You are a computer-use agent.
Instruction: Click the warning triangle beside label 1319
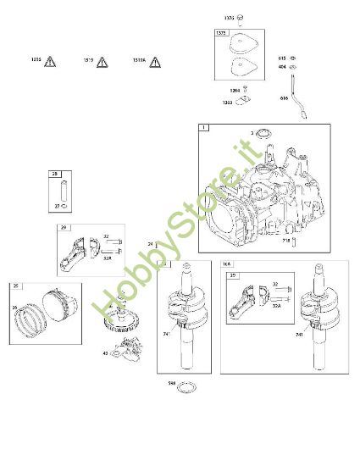(102, 62)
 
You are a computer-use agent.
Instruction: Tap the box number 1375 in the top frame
(221, 33)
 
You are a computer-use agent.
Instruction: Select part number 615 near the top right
(281, 58)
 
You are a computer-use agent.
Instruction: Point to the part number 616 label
(283, 98)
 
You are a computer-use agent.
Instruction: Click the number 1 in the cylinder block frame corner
(203, 128)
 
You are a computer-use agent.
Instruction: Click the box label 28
(55, 175)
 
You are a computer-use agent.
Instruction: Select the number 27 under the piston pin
(57, 205)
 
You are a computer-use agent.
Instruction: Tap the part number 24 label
(150, 245)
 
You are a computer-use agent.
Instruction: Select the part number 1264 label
(234, 90)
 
